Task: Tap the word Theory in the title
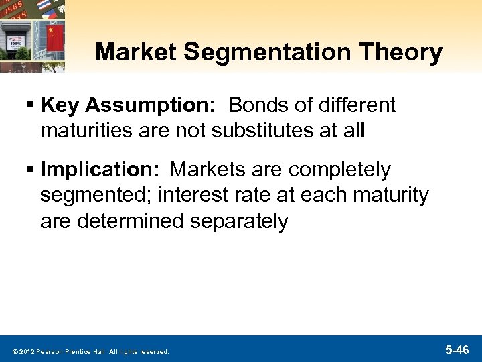tap(404, 52)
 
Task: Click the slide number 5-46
tap(457, 349)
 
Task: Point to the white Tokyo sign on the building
tap(14, 40)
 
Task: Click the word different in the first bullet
tap(355, 105)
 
